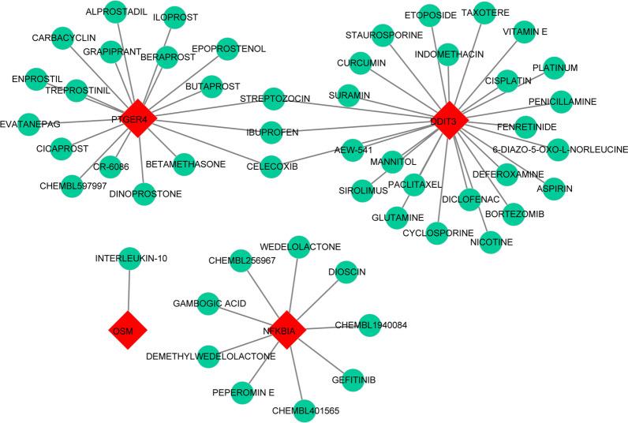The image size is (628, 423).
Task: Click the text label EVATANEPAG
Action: pos(31,123)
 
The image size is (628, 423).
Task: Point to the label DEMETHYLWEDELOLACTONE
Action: pos(211,356)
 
